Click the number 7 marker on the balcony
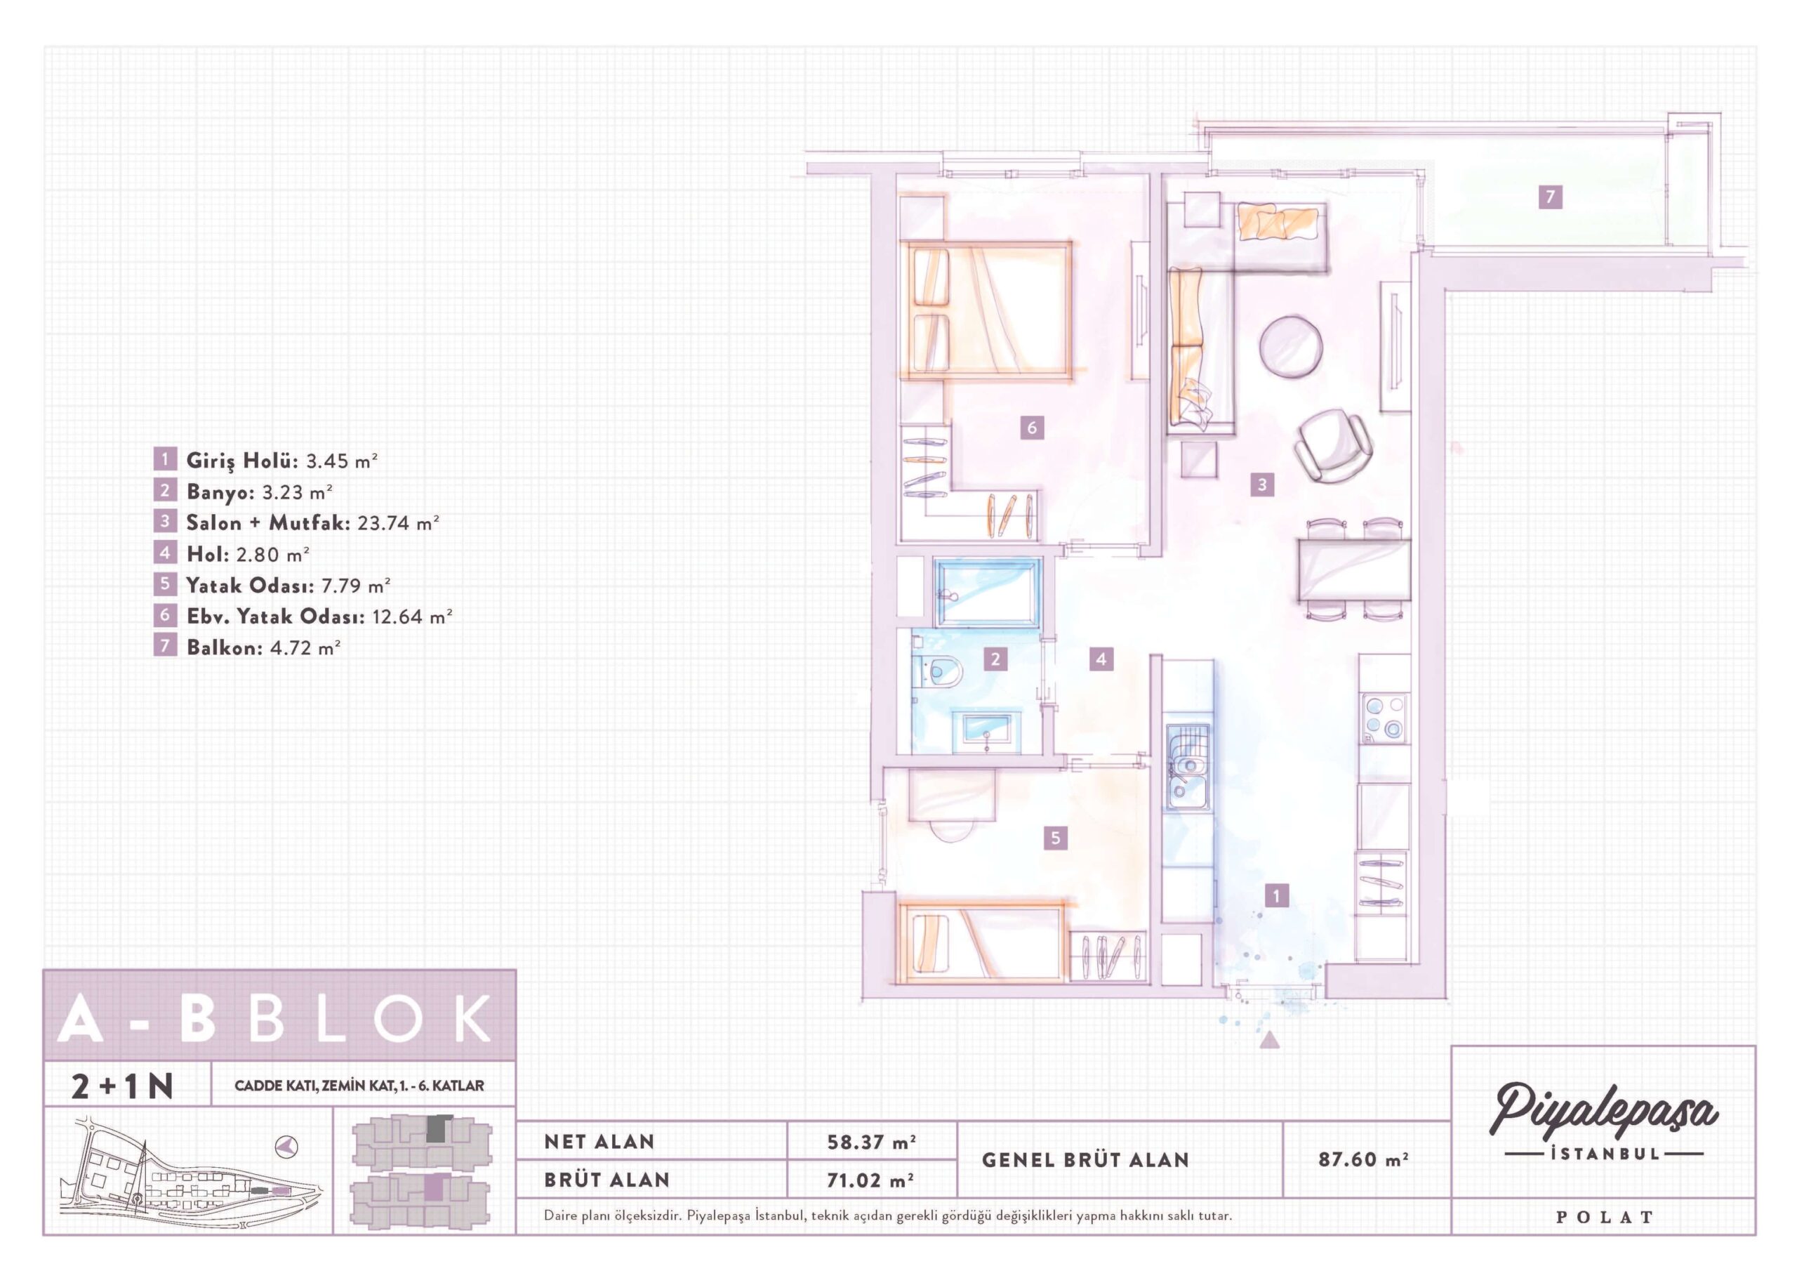[x=1550, y=196]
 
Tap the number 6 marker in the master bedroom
[x=1032, y=428]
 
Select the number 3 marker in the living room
[x=1261, y=485]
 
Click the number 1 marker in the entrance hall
[x=1277, y=895]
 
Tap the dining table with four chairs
[x=1354, y=569]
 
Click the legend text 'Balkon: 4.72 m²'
[x=263, y=647]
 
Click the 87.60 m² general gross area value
[x=1362, y=1159]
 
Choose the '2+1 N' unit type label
[x=122, y=1086]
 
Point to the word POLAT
[x=1605, y=1218]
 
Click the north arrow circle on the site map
[x=287, y=1146]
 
